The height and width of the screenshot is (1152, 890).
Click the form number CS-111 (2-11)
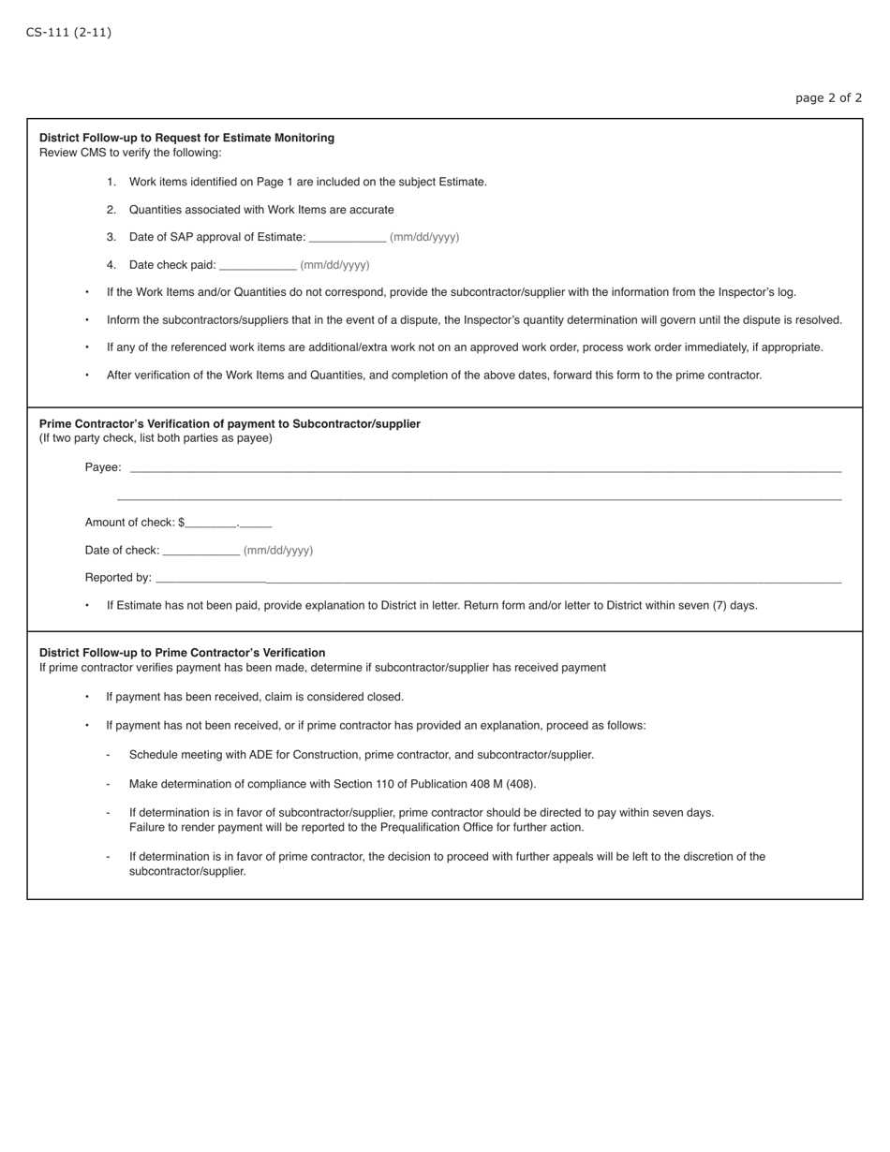[x=68, y=33]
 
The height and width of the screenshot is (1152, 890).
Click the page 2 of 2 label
[x=828, y=97]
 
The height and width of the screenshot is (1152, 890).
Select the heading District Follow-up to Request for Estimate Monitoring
[x=186, y=138]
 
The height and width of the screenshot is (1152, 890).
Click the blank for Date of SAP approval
[x=347, y=238]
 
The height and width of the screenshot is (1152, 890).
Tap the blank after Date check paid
[x=258, y=266]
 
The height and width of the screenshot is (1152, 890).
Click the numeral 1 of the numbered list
[x=111, y=182]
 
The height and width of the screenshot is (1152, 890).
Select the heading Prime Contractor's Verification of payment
[x=230, y=423]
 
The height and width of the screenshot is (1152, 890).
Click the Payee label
[x=102, y=467]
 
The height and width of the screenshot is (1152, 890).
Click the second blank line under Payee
[x=479, y=497]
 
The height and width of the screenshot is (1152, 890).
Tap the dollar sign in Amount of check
[x=181, y=523]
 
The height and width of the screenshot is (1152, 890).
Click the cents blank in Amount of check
[x=256, y=524]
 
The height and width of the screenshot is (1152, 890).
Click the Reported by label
[x=118, y=578]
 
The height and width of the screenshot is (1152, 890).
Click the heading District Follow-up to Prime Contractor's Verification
[x=182, y=653]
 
